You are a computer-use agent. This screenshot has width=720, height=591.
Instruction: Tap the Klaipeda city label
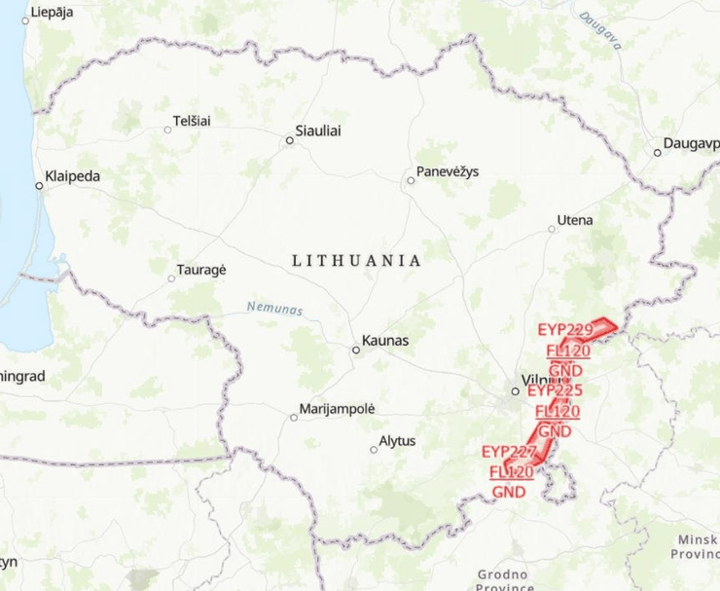(73, 177)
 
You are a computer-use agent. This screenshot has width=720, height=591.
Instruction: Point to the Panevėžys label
(448, 172)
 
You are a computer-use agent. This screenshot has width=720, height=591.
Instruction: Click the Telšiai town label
(192, 121)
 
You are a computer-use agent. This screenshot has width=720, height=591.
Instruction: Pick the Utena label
(575, 220)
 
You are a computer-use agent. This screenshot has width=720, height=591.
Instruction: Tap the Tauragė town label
(201, 270)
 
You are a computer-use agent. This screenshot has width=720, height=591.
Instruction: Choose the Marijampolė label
(338, 409)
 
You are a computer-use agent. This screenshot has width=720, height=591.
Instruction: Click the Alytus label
(397, 441)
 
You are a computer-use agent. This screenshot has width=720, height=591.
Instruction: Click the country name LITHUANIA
(357, 261)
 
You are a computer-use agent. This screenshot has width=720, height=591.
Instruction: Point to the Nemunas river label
(273, 309)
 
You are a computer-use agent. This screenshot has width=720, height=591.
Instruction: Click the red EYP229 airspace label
(564, 330)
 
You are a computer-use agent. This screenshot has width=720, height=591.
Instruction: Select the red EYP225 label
(555, 390)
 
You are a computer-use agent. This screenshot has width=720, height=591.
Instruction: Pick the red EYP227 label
(509, 452)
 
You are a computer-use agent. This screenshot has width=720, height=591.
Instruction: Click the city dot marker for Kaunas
(356, 350)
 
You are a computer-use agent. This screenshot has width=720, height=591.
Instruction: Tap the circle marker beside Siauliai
(289, 140)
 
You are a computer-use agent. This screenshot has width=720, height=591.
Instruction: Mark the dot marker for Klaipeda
(39, 185)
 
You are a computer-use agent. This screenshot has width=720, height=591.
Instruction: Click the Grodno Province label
(505, 580)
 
